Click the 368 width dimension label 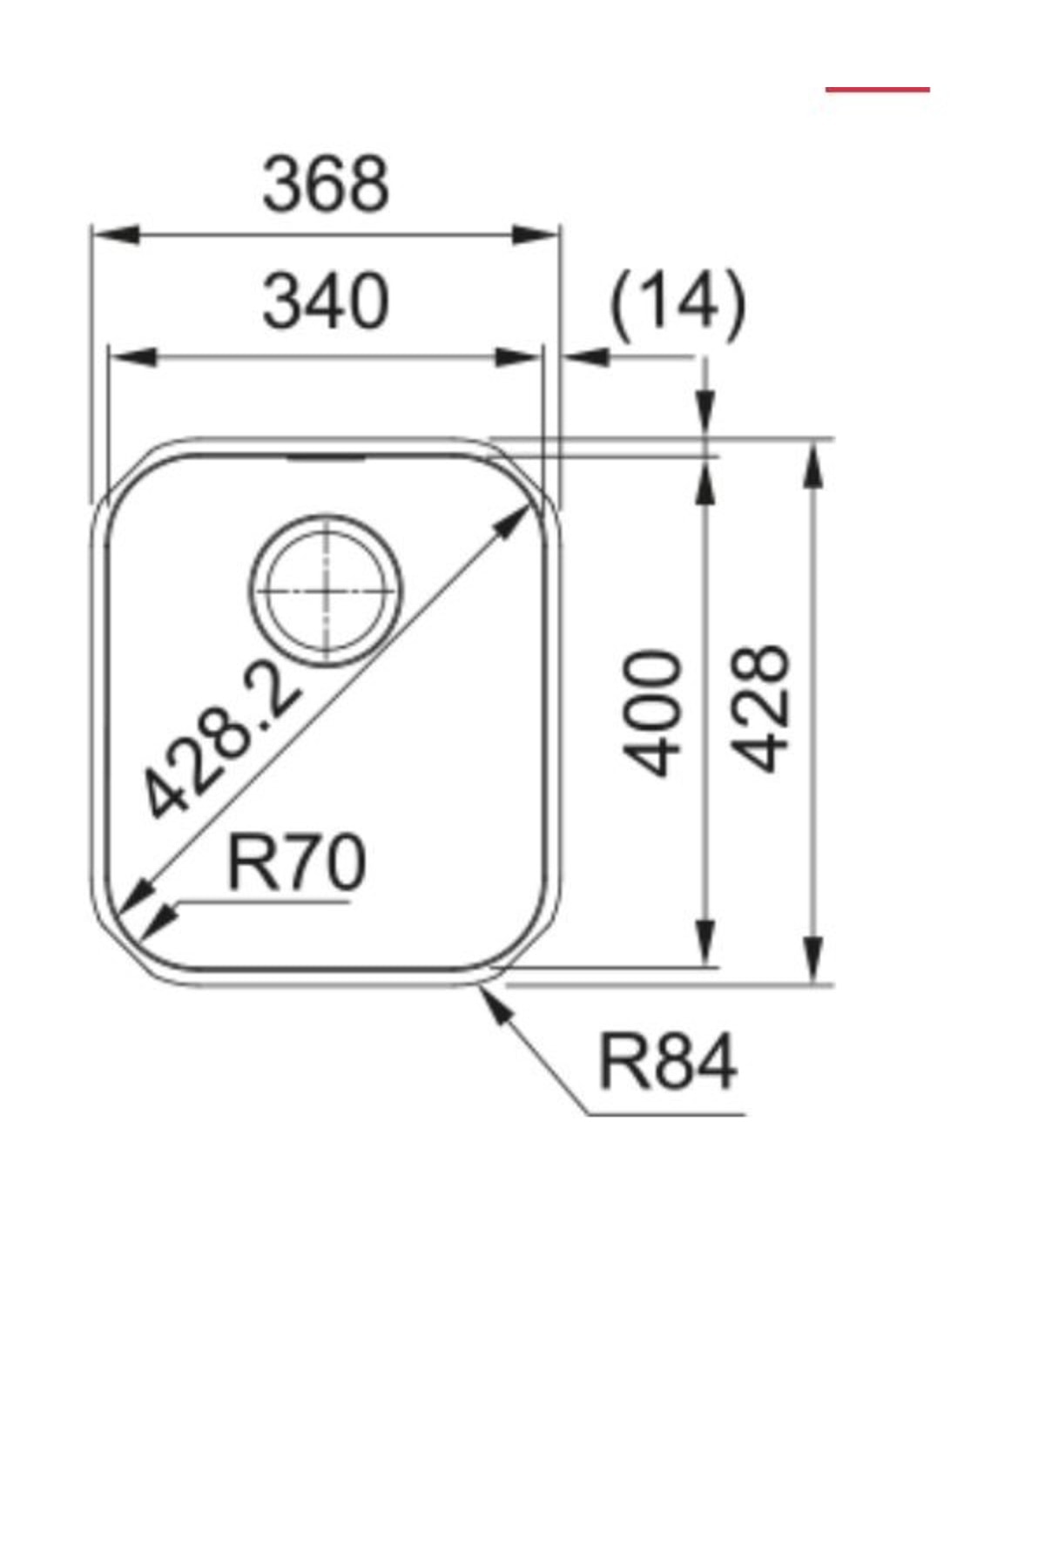tap(326, 185)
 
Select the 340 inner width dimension tap(326, 302)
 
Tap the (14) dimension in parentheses tap(678, 305)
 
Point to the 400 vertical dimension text tap(653, 713)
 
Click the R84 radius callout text tap(667, 1063)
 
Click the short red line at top tap(877, 90)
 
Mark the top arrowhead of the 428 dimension tap(812, 465)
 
